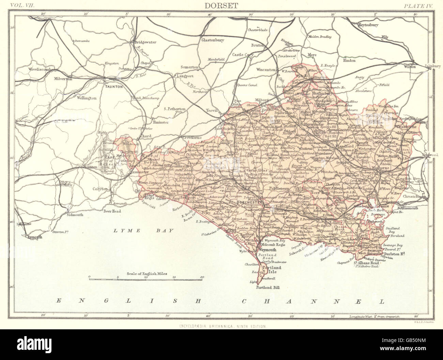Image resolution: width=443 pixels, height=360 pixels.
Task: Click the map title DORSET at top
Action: click(x=221, y=5)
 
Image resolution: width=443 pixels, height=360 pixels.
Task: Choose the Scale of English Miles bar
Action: click(x=146, y=279)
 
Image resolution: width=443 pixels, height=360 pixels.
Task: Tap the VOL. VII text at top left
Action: click(x=23, y=5)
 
